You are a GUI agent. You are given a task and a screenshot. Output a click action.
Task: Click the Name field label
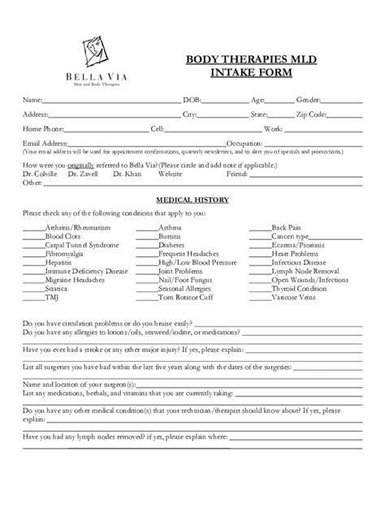pyautogui.click(x=32, y=100)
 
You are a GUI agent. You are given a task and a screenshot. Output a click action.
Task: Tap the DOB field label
pyautogui.click(x=192, y=100)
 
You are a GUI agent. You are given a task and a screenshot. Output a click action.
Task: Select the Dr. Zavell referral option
pyautogui.click(x=83, y=174)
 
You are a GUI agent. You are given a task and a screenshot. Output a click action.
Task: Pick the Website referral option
pyautogui.click(x=170, y=174)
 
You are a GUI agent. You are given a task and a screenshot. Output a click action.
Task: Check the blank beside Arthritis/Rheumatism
pyautogui.click(x=33, y=229)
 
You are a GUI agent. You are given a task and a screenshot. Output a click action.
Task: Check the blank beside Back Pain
pyautogui.click(x=259, y=229)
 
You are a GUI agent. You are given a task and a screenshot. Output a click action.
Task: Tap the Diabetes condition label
pyautogui.click(x=172, y=245)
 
